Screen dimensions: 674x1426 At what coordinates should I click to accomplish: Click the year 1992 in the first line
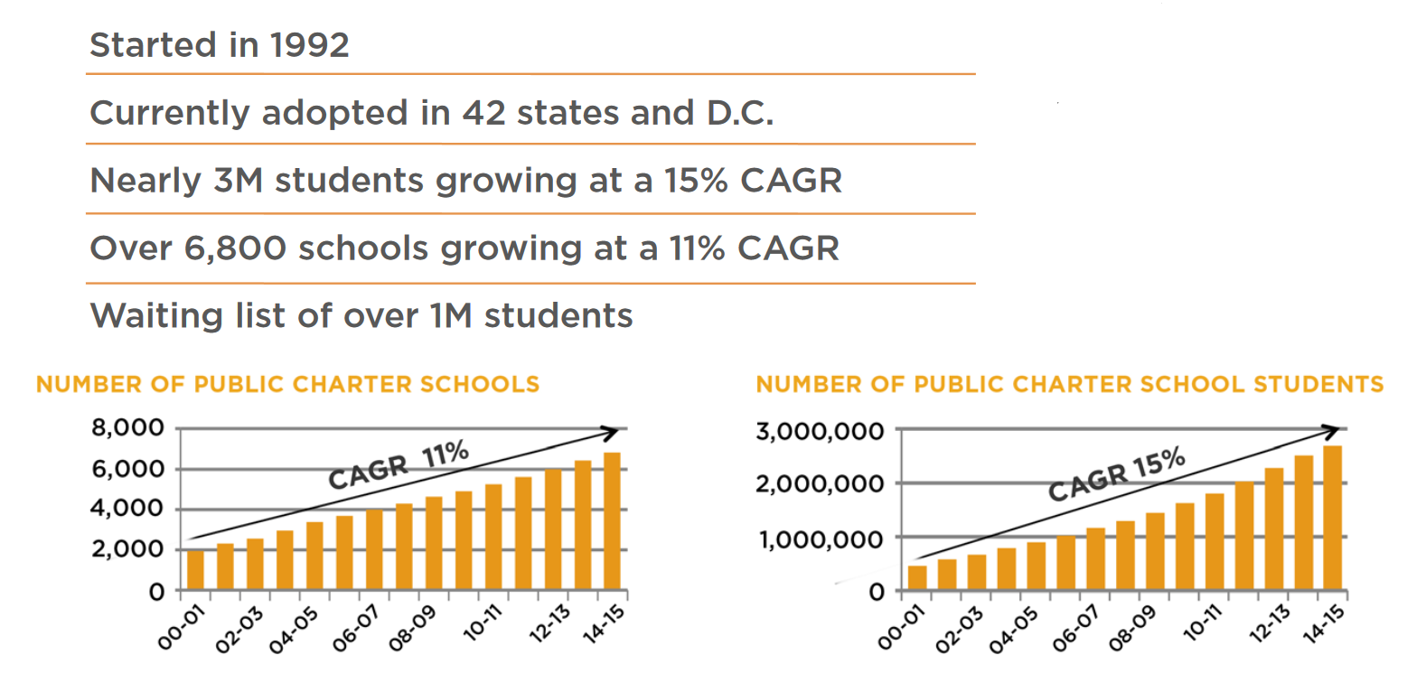[x=309, y=45]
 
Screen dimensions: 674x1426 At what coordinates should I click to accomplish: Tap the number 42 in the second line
[x=483, y=113]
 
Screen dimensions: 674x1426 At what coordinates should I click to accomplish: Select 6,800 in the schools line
[x=235, y=248]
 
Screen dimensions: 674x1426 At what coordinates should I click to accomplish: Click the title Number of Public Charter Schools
[x=287, y=384]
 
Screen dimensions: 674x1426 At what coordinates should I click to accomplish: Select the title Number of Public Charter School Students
[x=1069, y=384]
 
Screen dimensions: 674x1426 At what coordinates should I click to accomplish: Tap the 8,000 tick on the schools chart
[x=127, y=427]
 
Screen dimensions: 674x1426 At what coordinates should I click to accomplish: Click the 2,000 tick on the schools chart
[x=127, y=548]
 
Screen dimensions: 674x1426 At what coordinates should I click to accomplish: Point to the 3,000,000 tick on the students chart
[x=820, y=431]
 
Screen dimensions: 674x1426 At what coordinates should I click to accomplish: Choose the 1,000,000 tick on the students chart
[x=820, y=539]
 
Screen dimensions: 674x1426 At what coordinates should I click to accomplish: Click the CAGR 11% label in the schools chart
[x=398, y=464]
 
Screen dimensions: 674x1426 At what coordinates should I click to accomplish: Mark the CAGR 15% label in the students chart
[x=1116, y=474]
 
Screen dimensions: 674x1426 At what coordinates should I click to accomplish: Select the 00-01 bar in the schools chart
[x=195, y=569]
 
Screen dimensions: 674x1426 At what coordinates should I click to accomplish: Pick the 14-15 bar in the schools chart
[x=612, y=521]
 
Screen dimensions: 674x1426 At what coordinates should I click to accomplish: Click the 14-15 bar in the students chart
[x=1332, y=518]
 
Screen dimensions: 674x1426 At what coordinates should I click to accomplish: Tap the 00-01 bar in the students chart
[x=917, y=577]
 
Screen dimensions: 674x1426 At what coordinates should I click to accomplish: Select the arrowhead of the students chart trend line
[x=1332, y=430]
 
